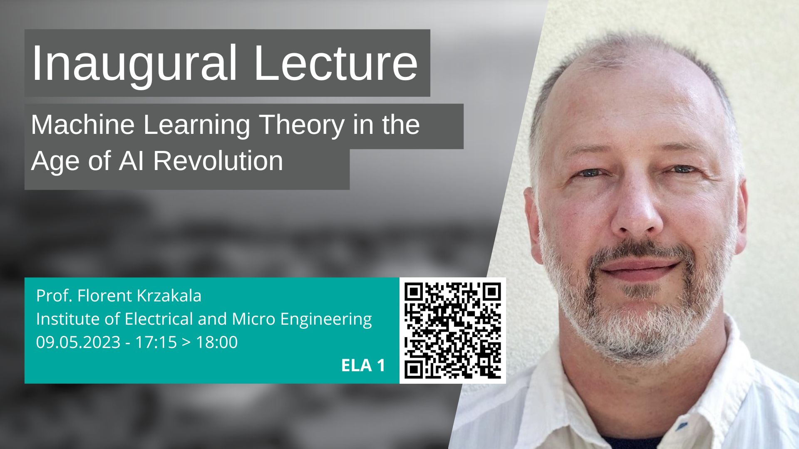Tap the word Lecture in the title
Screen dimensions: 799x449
(335, 63)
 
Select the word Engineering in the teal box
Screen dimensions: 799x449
(326, 320)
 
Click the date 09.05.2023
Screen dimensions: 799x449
(78, 342)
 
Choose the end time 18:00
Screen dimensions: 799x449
(217, 342)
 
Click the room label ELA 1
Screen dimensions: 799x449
(363, 365)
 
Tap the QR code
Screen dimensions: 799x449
(453, 331)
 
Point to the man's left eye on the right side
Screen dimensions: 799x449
(682, 169)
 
